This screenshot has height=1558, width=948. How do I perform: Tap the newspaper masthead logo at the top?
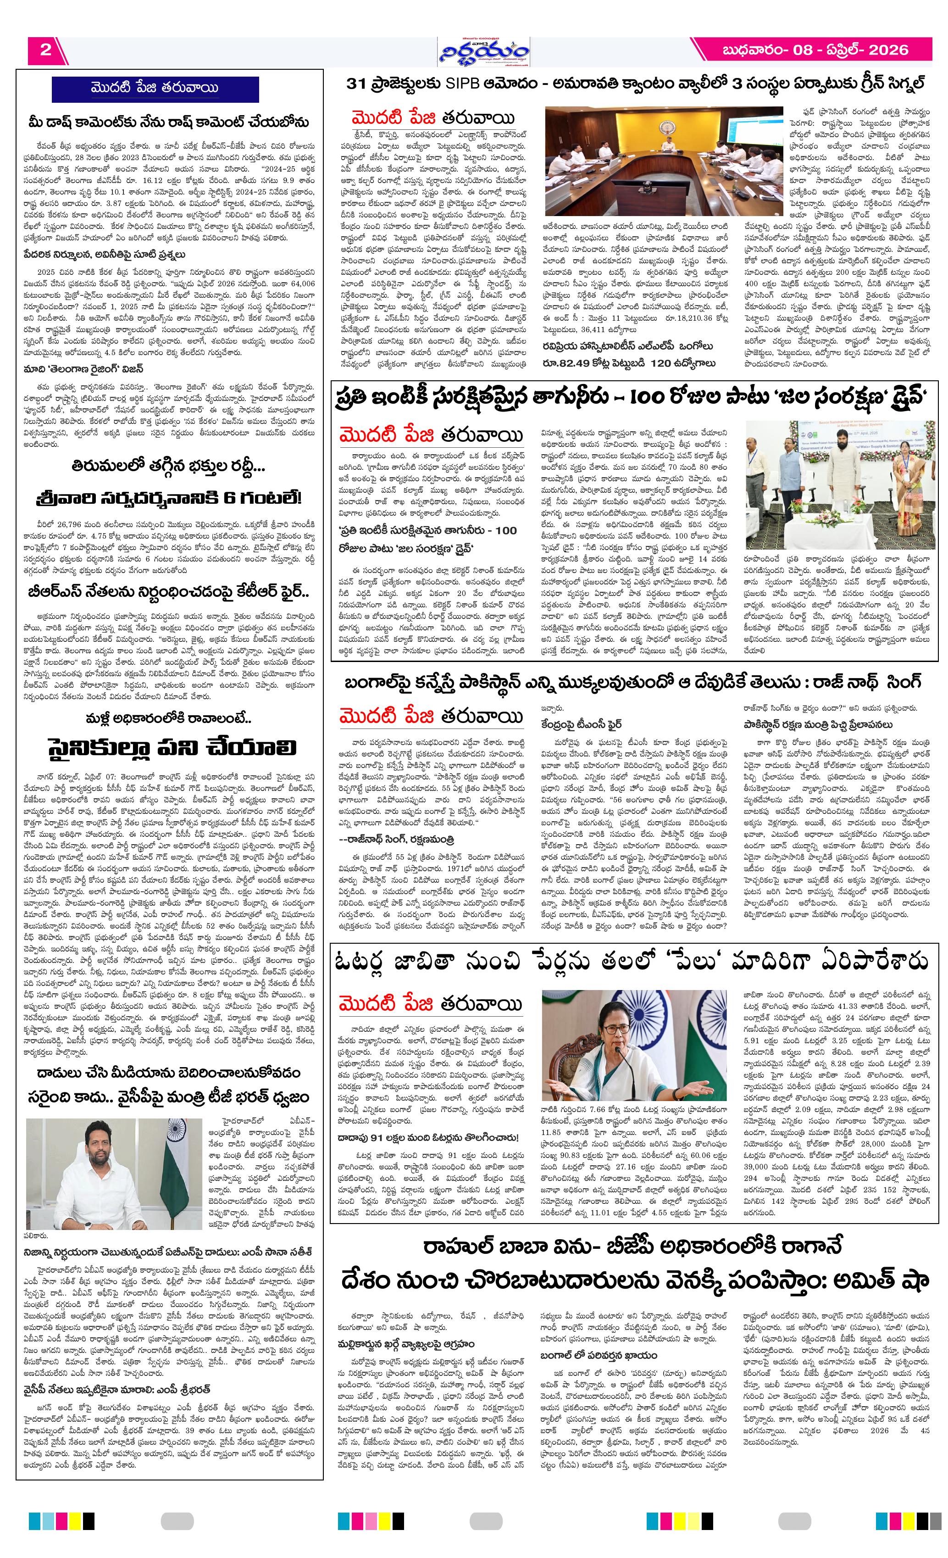pos(485,50)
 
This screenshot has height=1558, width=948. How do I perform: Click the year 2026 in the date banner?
pos(888,50)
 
